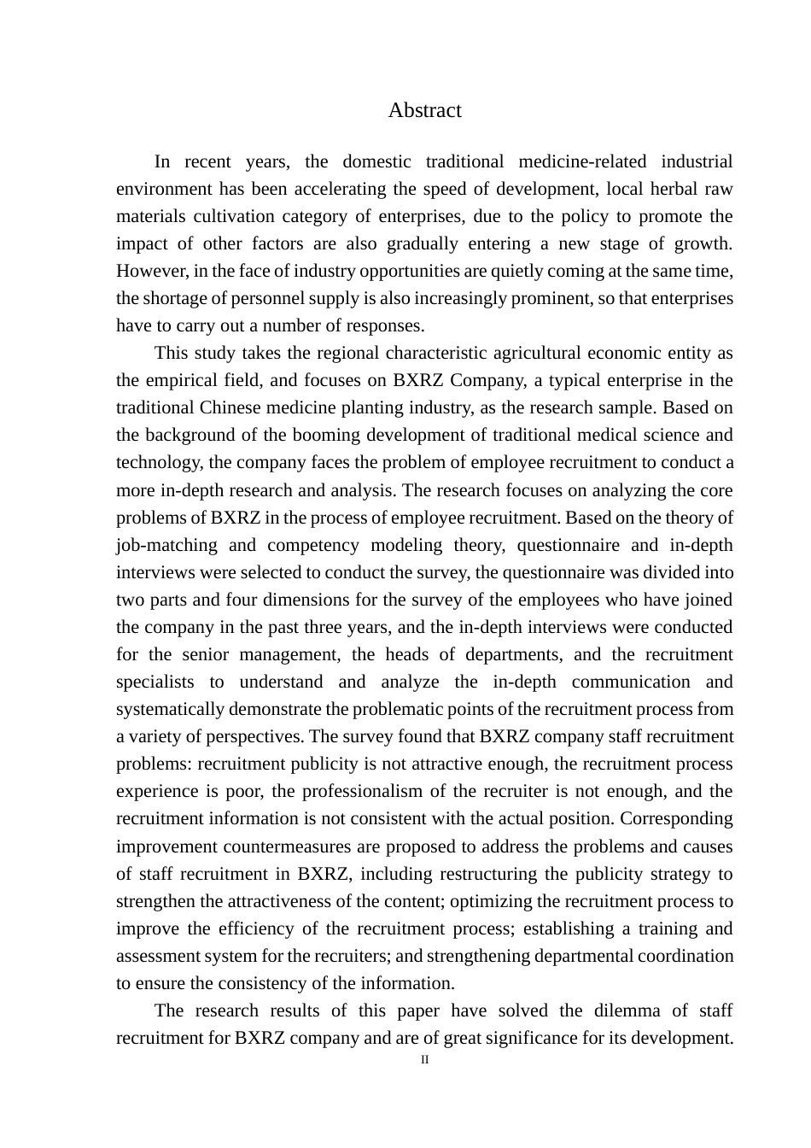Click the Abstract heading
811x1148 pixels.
424,110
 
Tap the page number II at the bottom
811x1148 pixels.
424,1060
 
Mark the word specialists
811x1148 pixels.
155,682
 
